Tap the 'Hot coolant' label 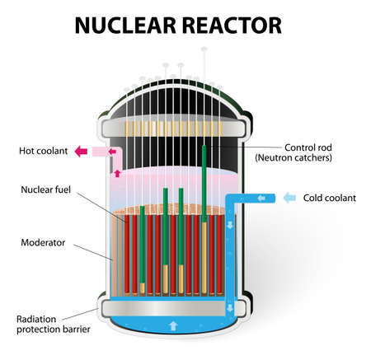point(40,151)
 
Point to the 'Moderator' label point(44,243)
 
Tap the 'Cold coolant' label point(329,198)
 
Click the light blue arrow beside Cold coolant point(290,198)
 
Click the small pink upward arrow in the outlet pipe point(116,174)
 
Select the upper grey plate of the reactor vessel point(173,129)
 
